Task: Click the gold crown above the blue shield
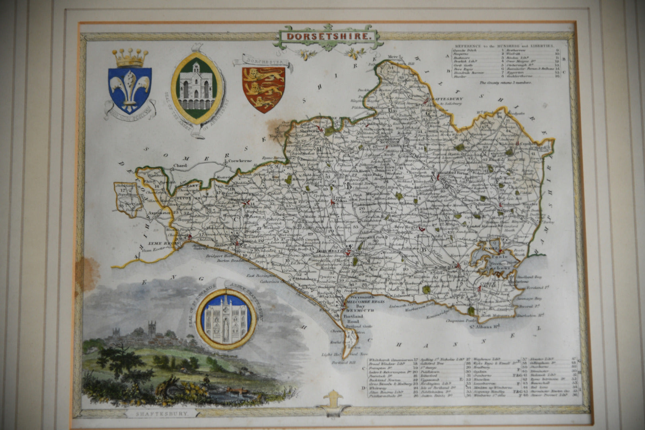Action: click(129, 58)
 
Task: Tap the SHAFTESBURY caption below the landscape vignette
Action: click(160, 414)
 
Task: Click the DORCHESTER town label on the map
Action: click(330, 251)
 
